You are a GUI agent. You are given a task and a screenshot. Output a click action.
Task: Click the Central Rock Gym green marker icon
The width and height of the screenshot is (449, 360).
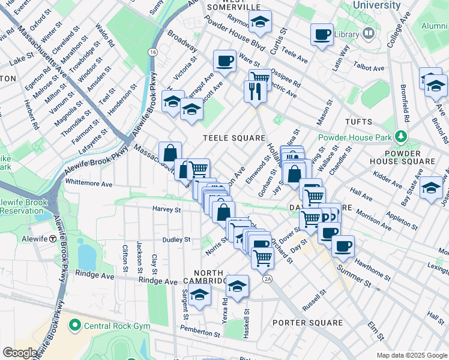tap(75, 326)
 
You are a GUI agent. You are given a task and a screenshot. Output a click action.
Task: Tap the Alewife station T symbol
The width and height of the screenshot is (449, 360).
tap(53, 238)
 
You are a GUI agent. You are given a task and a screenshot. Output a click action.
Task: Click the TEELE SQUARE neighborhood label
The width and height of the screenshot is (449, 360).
tap(234, 137)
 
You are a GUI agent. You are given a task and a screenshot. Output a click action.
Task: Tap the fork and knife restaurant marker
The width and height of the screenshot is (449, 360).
tap(255, 91)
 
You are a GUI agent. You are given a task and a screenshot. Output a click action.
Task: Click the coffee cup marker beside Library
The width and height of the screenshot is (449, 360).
tap(322, 34)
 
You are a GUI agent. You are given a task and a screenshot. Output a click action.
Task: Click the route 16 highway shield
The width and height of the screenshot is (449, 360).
tap(154, 53)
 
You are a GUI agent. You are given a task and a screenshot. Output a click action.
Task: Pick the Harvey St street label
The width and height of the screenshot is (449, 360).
tap(166, 210)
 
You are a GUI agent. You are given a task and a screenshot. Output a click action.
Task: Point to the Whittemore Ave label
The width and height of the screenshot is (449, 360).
tap(89, 184)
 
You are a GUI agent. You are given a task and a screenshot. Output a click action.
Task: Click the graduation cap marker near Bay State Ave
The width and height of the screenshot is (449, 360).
tap(430, 187)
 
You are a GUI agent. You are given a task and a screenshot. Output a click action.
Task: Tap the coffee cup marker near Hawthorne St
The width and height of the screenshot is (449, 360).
tap(343, 245)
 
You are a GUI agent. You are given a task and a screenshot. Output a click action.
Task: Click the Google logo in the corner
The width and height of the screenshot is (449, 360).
tap(20, 353)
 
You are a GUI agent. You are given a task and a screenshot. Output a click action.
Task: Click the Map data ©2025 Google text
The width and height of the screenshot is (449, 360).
tap(411, 355)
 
